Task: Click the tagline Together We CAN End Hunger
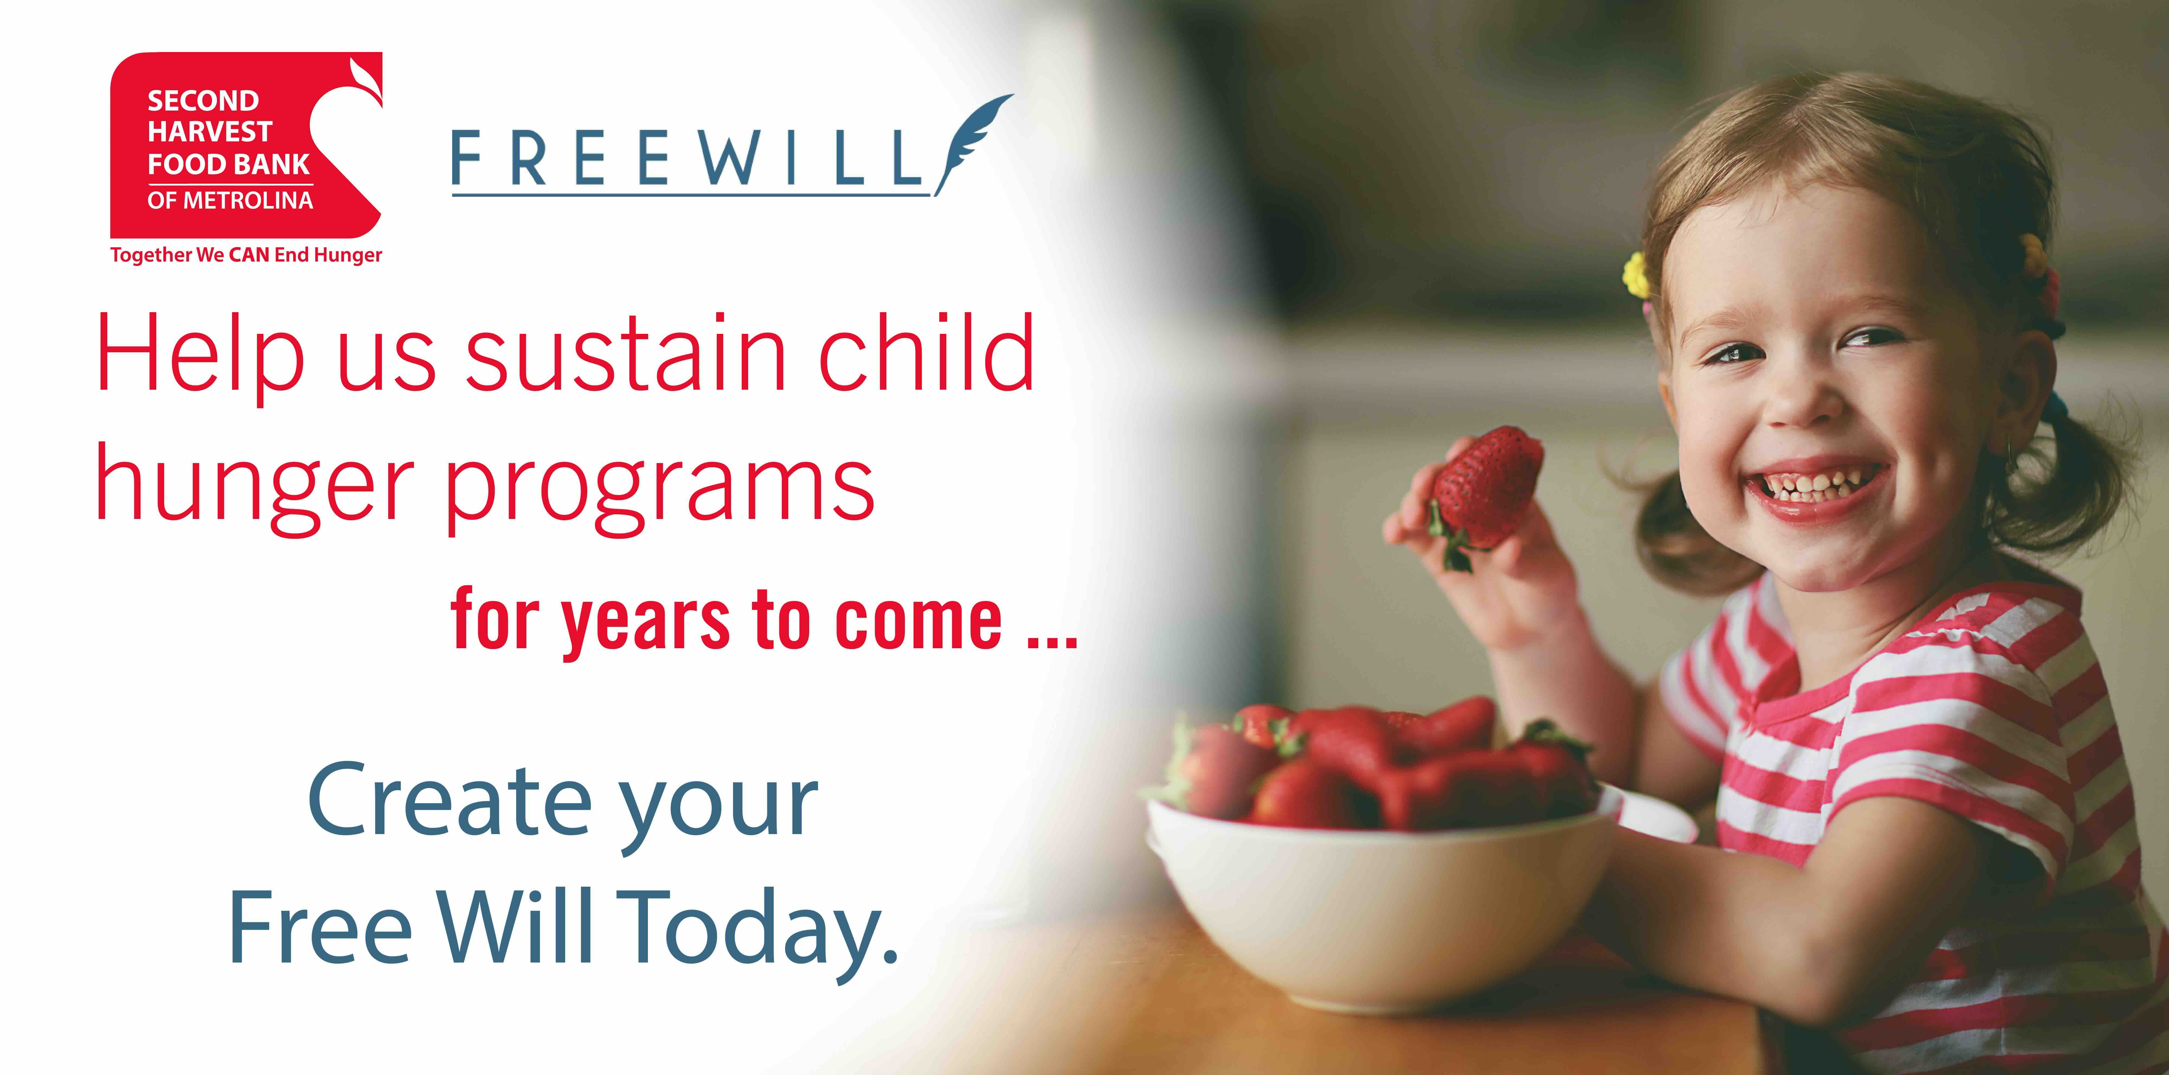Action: [246, 255]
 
